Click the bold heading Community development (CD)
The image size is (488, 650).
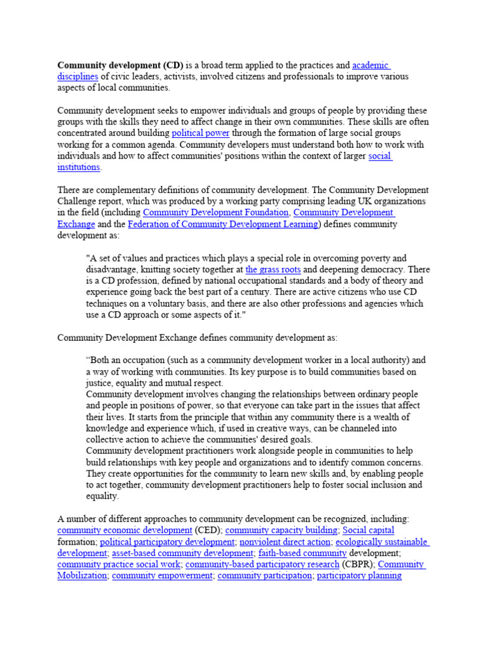[120, 65]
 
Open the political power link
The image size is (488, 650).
[200, 133]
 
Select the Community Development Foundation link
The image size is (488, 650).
[217, 213]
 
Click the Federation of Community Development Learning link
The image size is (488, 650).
[223, 224]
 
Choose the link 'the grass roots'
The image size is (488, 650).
[273, 269]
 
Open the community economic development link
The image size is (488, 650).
[125, 530]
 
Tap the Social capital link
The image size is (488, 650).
[368, 530]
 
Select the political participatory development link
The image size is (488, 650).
[167, 542]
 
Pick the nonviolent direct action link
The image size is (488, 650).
[285, 542]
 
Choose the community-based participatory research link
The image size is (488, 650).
[262, 564]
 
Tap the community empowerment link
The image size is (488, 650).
[162, 576]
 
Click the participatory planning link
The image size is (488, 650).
[359, 576]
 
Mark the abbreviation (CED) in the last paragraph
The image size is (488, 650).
[208, 530]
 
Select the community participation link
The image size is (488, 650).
[264, 576]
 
